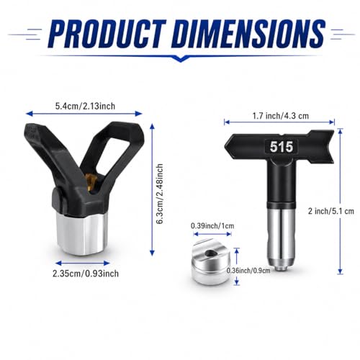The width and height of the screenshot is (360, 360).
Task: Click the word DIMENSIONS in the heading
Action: coord(248,34)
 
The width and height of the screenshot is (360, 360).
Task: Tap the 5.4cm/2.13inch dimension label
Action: coord(85,106)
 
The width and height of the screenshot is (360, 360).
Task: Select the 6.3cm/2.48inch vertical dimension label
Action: coord(160,194)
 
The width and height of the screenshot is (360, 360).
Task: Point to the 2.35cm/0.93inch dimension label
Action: coord(86,274)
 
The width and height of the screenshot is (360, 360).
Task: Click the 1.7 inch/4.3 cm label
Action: coord(281,116)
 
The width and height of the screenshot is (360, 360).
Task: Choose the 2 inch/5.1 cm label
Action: coord(331,211)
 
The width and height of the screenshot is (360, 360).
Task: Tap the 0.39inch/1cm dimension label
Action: coord(212,226)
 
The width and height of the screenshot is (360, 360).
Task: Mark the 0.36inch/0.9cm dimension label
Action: coord(248,271)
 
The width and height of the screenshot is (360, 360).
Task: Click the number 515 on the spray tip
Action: coord(282,147)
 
